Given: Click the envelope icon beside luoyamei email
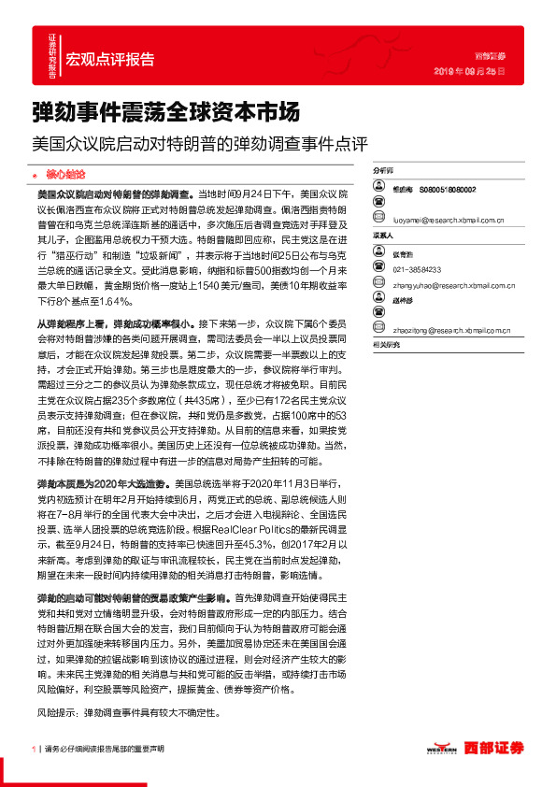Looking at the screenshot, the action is pyautogui.click(x=378, y=221).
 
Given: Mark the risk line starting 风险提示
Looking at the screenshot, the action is pyautogui.click(x=128, y=711).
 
